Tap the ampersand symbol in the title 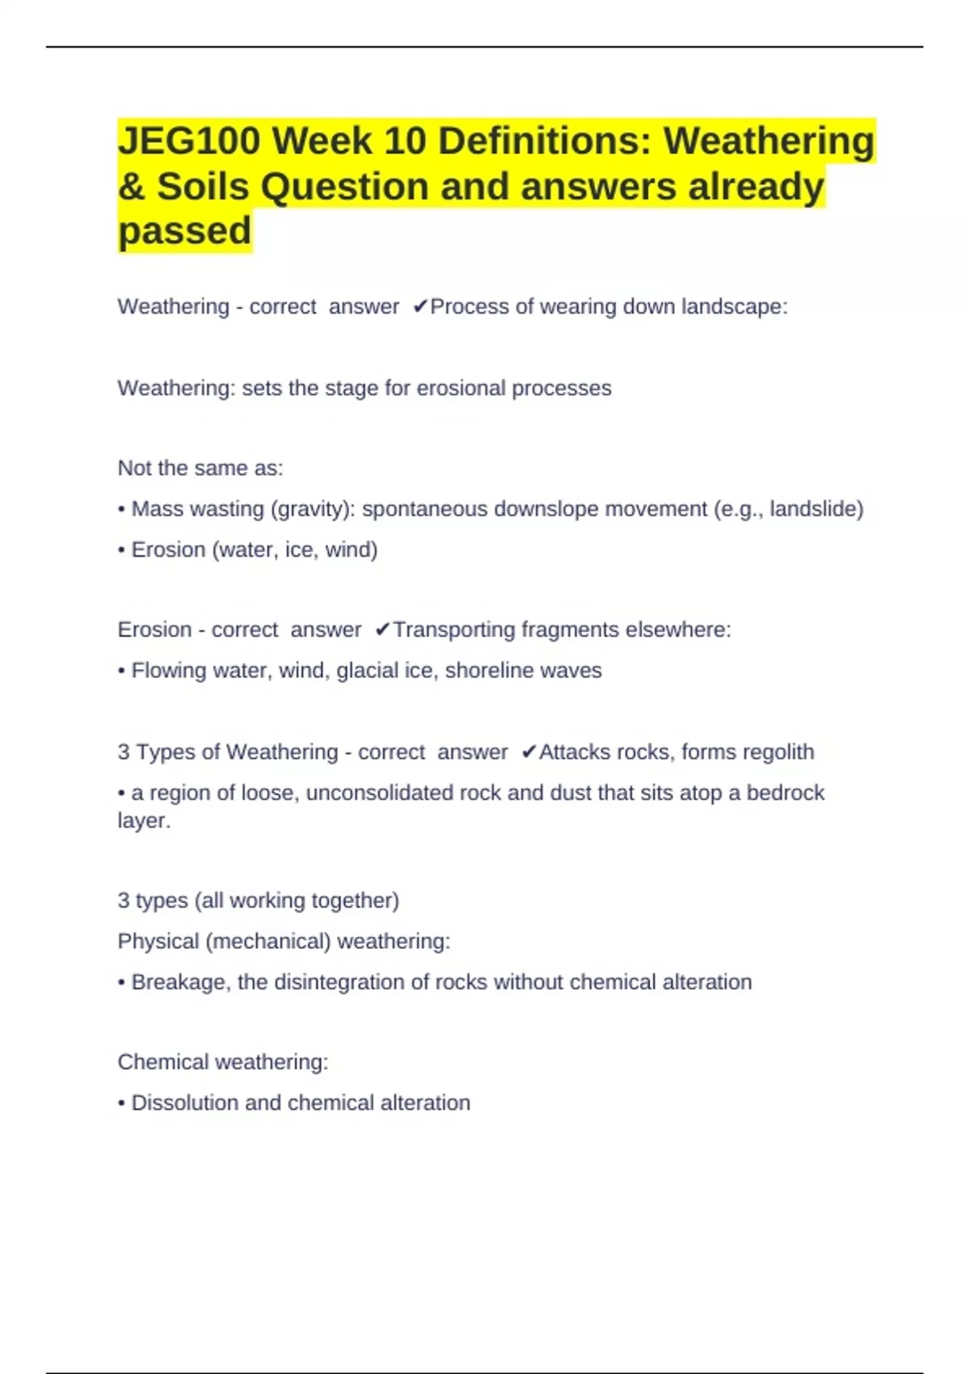[x=130, y=187]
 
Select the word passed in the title [x=185, y=231]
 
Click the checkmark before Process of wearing [x=420, y=307]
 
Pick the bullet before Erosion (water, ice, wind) [x=121, y=550]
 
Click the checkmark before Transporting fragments [x=382, y=630]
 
